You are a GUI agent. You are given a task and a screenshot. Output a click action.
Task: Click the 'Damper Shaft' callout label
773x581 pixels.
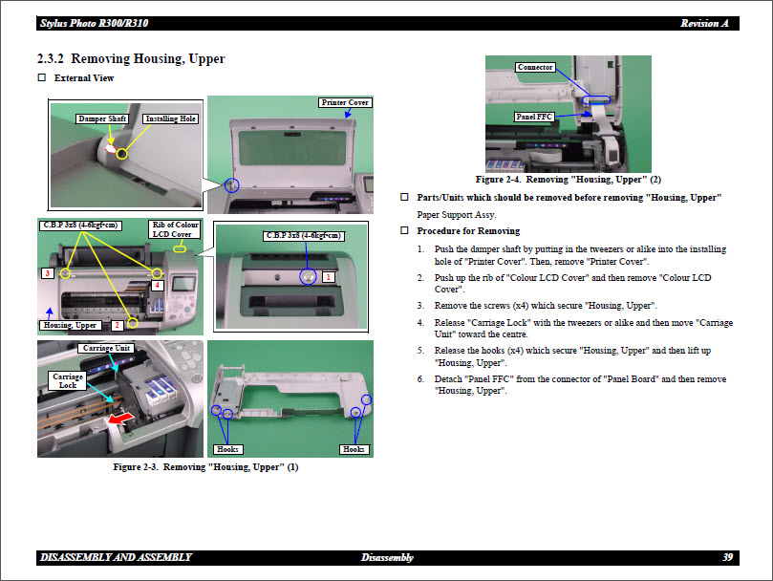(102, 119)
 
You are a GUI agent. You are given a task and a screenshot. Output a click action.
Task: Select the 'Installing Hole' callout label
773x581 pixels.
(171, 119)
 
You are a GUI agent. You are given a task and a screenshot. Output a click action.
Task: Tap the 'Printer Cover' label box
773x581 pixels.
(344, 102)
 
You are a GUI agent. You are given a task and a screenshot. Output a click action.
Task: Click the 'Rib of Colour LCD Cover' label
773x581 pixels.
(174, 229)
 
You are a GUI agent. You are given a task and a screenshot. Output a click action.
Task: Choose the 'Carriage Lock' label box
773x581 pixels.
(68, 380)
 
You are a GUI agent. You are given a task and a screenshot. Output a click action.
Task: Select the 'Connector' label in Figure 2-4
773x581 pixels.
(535, 67)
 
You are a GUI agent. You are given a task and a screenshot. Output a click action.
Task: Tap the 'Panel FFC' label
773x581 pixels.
(534, 117)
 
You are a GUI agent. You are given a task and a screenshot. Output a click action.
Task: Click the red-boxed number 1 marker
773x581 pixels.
(328, 276)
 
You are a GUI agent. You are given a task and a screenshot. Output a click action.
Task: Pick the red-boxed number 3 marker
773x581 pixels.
(47, 273)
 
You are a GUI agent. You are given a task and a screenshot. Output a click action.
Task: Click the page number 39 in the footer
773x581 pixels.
(727, 557)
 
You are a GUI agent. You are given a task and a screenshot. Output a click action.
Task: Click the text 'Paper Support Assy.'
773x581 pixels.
(456, 215)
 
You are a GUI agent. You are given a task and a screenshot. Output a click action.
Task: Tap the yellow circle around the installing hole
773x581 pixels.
(122, 153)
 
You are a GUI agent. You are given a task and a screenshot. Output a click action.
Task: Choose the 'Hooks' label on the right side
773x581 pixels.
(354, 449)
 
